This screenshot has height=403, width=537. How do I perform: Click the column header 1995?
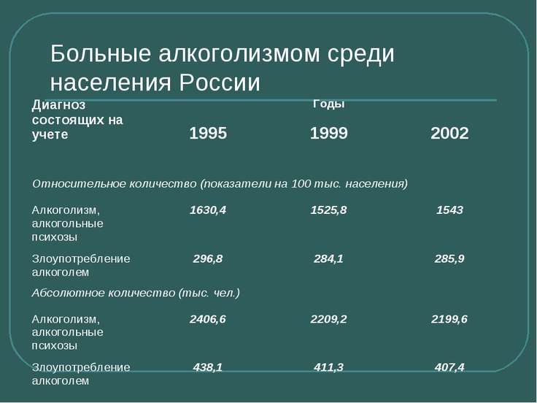click(208, 134)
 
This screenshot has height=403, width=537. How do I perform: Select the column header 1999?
click(329, 134)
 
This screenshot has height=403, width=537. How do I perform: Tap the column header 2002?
click(449, 134)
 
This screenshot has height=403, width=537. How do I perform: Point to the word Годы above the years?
click(329, 104)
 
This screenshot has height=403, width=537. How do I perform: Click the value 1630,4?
click(208, 210)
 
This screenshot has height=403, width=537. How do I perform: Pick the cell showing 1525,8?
click(329, 210)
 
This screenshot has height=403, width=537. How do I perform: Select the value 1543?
click(449, 210)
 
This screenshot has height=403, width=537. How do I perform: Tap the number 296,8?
click(208, 258)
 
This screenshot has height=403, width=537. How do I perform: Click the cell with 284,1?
click(329, 258)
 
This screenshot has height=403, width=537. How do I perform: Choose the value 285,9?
click(449, 258)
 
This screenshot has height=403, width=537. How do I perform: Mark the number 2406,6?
click(208, 319)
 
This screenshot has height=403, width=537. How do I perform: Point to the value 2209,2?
click(329, 319)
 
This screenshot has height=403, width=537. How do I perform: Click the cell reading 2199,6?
click(449, 319)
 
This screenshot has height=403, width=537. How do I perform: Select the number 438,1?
click(208, 367)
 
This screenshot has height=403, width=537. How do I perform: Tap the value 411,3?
click(329, 367)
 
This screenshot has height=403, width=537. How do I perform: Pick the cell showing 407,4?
click(449, 367)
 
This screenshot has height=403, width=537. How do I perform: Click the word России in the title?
click(220, 82)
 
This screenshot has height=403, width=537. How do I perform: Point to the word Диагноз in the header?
click(58, 105)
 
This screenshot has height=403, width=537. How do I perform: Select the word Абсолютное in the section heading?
click(68, 293)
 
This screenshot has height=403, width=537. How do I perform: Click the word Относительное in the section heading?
click(79, 184)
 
